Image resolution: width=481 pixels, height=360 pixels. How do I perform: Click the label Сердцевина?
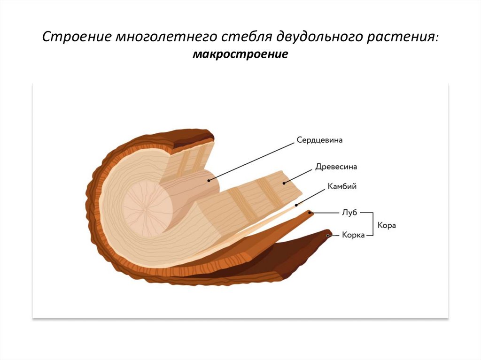[x=319, y=140]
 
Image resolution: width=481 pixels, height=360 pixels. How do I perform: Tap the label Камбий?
[x=342, y=186]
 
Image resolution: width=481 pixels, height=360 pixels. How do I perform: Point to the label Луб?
[x=350, y=213]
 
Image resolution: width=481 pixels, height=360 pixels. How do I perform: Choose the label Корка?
[x=353, y=235]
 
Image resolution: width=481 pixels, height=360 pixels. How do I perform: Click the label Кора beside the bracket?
[x=387, y=225]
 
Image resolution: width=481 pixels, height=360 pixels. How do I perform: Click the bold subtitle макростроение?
[x=240, y=55]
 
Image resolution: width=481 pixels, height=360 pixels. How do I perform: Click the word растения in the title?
[x=404, y=37]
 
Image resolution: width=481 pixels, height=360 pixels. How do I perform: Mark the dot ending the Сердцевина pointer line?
[x=208, y=180]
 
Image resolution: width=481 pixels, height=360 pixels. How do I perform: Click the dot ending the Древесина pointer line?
[x=284, y=183]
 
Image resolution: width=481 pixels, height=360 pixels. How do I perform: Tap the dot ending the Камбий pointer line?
[x=296, y=206]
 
